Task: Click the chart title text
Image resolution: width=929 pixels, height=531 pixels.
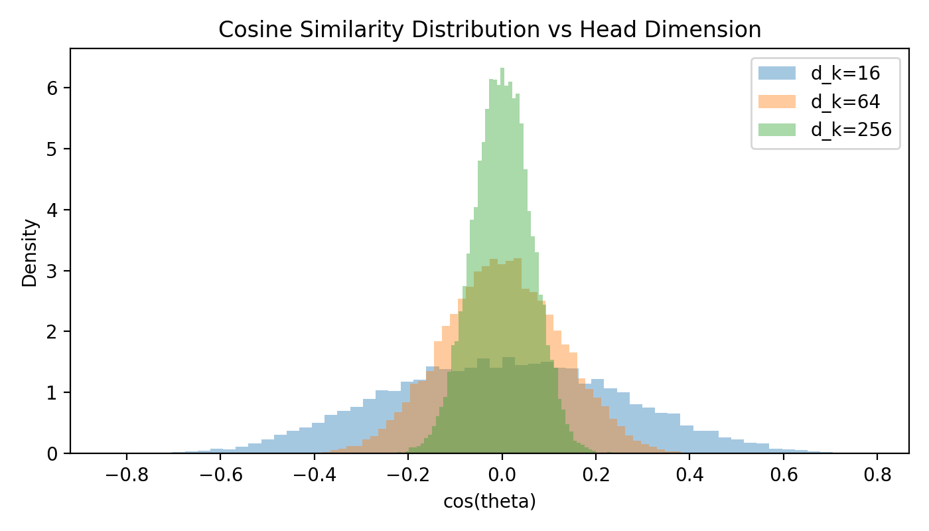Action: pyautogui.click(x=489, y=30)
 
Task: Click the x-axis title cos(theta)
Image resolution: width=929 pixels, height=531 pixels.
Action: pyautogui.click(x=489, y=502)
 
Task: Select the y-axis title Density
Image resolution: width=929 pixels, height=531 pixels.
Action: pyautogui.click(x=30, y=253)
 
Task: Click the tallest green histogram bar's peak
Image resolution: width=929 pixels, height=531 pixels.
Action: pyautogui.click(x=502, y=69)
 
